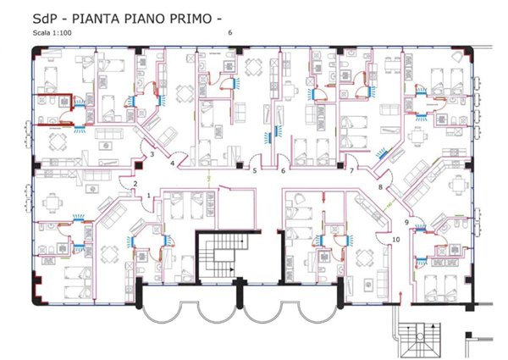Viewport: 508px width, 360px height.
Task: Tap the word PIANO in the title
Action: click(x=157, y=17)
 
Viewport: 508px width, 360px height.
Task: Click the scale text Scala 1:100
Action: click(x=52, y=32)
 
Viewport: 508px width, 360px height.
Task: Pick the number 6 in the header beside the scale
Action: click(x=230, y=32)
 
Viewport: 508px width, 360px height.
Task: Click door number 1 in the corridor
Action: click(x=149, y=196)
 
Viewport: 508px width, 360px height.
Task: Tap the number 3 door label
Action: click(x=151, y=154)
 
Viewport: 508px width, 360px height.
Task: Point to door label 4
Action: click(x=173, y=163)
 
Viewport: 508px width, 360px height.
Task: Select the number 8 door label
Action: click(x=380, y=187)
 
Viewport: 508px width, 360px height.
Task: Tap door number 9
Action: click(x=406, y=222)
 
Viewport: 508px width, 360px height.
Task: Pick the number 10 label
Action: click(x=395, y=240)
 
